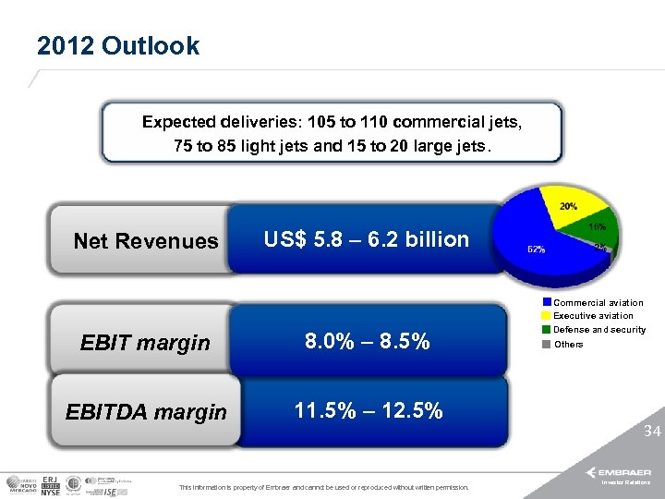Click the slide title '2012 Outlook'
118,46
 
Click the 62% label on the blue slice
535,249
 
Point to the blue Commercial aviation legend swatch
547,302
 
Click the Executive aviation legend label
593,316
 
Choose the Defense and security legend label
599,330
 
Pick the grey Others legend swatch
547,344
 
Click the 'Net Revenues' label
146,241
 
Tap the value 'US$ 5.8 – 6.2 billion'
367,239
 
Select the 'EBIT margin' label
145,343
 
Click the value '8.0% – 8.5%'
368,342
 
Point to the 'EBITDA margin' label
146,412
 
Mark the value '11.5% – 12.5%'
368,410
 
